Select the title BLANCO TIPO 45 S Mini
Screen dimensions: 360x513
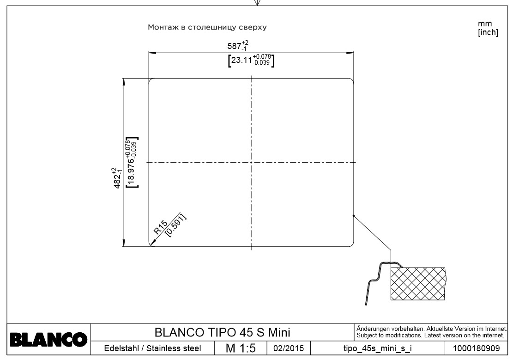222,332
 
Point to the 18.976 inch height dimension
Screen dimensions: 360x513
133,162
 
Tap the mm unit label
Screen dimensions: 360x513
485,24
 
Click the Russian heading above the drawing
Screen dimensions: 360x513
207,27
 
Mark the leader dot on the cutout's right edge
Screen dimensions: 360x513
353,216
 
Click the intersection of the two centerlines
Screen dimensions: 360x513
251,162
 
